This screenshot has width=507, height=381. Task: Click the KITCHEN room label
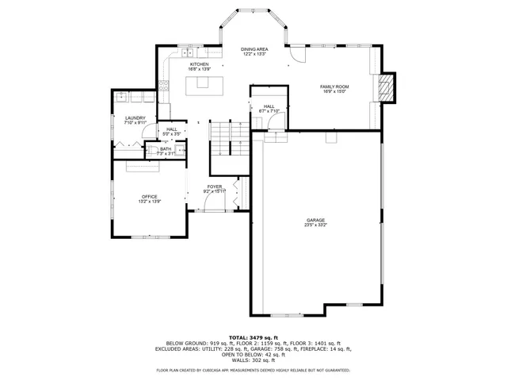tap(198, 64)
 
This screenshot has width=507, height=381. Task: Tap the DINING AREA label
tap(254, 49)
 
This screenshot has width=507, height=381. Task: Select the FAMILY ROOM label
tap(334, 87)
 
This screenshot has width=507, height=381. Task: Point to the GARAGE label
tap(316, 220)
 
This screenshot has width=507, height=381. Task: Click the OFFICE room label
tap(149, 197)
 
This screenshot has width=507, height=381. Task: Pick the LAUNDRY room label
tap(135, 118)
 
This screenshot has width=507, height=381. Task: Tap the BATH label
tap(166, 148)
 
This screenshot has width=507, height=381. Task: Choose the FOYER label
tap(214, 187)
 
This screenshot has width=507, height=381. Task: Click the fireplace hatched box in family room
tap(386, 87)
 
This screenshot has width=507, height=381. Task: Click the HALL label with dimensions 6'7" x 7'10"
tap(269, 106)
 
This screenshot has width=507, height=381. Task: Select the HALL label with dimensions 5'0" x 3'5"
tap(172, 129)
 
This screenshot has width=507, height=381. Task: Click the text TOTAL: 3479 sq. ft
tap(253, 337)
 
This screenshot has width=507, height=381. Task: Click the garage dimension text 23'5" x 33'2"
tap(316, 225)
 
